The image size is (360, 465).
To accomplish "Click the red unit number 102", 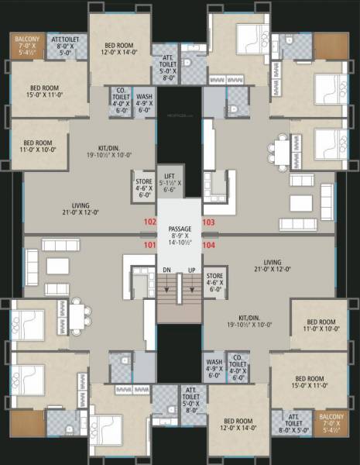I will coord(149,222).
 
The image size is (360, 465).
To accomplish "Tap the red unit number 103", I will coord(208,222).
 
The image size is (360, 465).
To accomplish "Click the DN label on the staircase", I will coord(166,270).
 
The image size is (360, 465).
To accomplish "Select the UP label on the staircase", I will coord(191,270).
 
